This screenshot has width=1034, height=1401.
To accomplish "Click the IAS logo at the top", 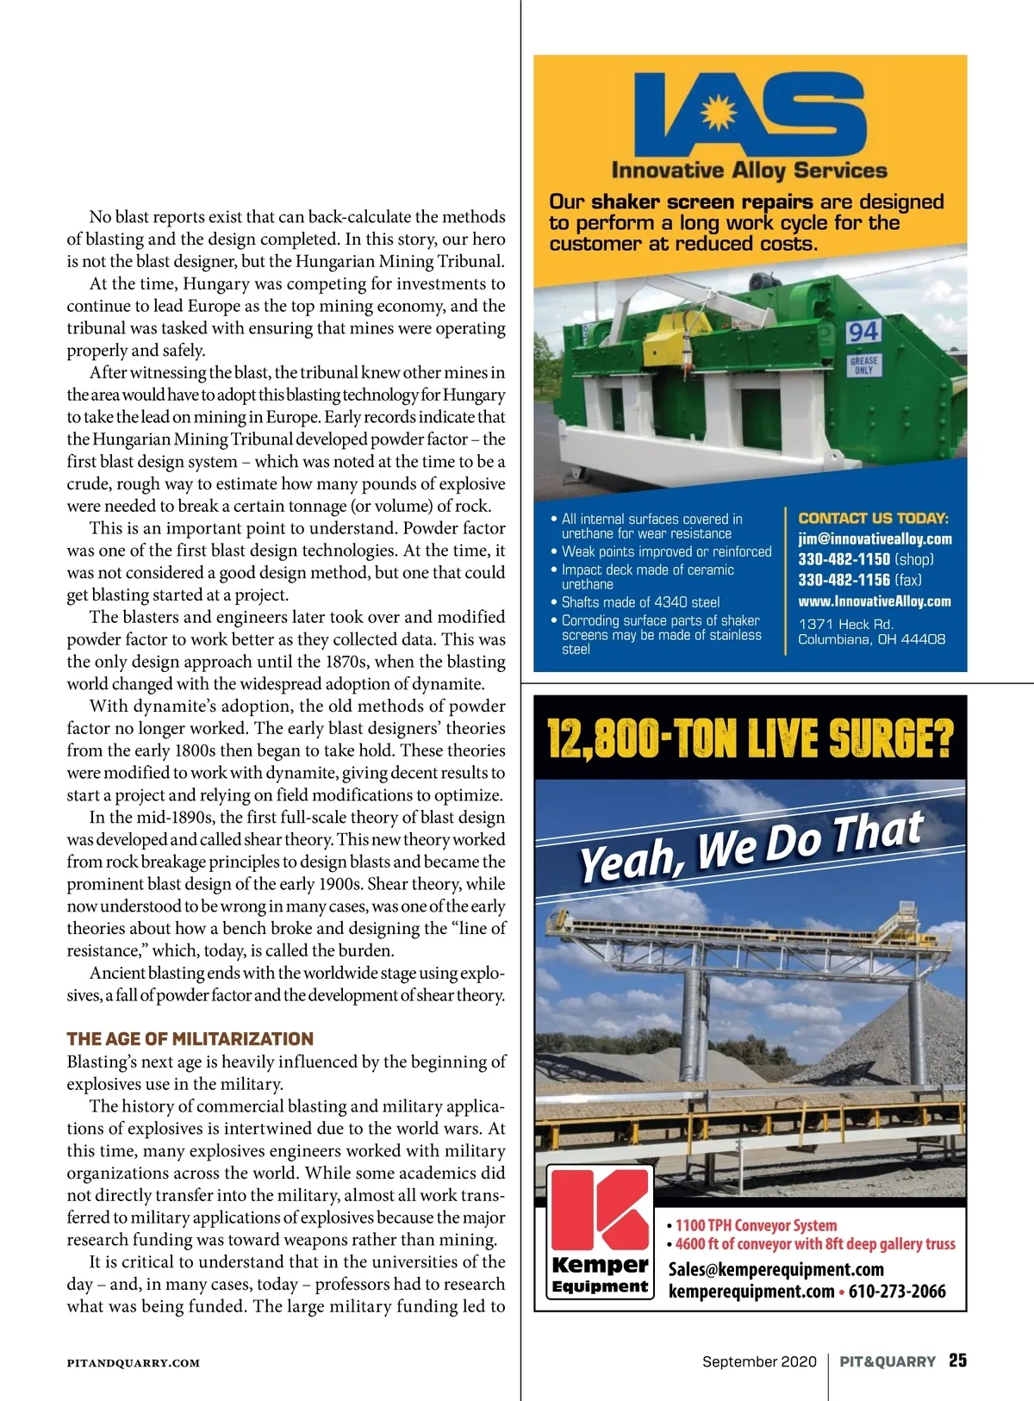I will click(750, 116).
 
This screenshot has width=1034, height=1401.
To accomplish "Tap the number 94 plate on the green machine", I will click(863, 332).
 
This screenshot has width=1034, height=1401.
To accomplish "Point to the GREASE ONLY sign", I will click(863, 365).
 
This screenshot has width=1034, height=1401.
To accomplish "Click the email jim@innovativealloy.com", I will click(875, 539).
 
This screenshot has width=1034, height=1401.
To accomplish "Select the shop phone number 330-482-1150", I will click(844, 559).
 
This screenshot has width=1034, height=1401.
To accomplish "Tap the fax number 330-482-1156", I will click(844, 580).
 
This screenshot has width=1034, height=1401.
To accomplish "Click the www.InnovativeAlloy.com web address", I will click(875, 601).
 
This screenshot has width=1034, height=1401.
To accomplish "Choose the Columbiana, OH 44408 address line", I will click(871, 639).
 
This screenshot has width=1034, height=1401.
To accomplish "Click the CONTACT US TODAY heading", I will click(873, 518).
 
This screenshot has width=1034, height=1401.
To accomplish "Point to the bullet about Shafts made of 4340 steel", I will click(640, 602).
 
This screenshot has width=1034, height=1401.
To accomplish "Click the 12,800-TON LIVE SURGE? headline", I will click(751, 738).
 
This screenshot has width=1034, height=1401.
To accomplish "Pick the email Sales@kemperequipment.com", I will click(775, 1269).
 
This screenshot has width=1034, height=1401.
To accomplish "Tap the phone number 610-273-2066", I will click(897, 1292).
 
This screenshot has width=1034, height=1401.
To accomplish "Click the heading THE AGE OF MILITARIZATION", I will click(190, 1039).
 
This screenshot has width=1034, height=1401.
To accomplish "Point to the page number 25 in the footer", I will click(957, 1361).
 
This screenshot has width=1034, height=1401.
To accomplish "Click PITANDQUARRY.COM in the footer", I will click(134, 1363).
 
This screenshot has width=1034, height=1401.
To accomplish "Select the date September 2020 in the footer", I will click(758, 1361).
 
